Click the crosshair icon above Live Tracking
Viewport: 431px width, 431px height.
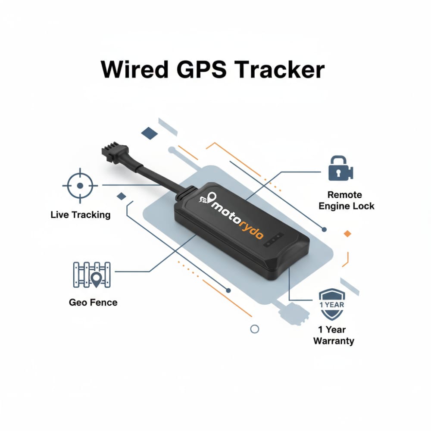coord(80,186)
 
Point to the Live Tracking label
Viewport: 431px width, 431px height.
coord(80,214)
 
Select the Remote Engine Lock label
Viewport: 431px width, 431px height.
coord(346,200)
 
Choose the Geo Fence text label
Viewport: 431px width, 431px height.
coord(93,302)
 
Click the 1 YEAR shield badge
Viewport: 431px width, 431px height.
coord(331,304)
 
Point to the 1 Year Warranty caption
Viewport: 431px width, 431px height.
coord(333,335)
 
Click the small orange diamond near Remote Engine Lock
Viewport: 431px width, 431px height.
coord(347,233)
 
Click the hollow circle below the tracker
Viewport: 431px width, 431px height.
coord(255,329)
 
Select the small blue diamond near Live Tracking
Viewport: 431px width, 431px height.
coord(122,196)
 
